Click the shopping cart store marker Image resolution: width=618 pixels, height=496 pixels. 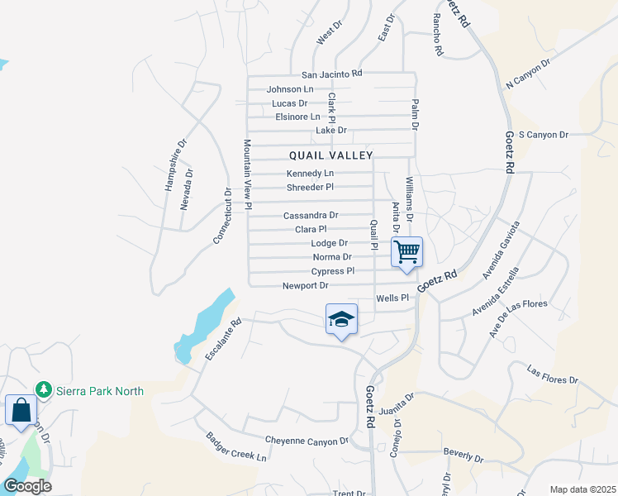coord(406,250)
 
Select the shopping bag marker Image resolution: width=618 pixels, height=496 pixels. coord(21,410)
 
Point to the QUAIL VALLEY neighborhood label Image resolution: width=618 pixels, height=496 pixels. coord(331,155)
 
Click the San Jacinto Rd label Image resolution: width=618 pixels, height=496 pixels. coord(331,74)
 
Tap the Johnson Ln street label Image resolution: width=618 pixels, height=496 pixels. coord(290,89)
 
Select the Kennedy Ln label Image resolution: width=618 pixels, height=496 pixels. coord(310,174)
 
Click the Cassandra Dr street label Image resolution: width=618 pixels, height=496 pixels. coord(311,216)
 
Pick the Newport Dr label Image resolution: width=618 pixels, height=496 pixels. coord(306,285)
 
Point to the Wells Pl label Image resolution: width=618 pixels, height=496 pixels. coord(392,298)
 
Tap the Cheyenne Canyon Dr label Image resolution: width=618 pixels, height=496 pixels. coord(307,441)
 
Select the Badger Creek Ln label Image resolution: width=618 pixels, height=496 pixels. coord(236,447)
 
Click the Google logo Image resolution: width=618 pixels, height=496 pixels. coord(27,486)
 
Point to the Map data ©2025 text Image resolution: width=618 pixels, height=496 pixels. coord(582,489)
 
